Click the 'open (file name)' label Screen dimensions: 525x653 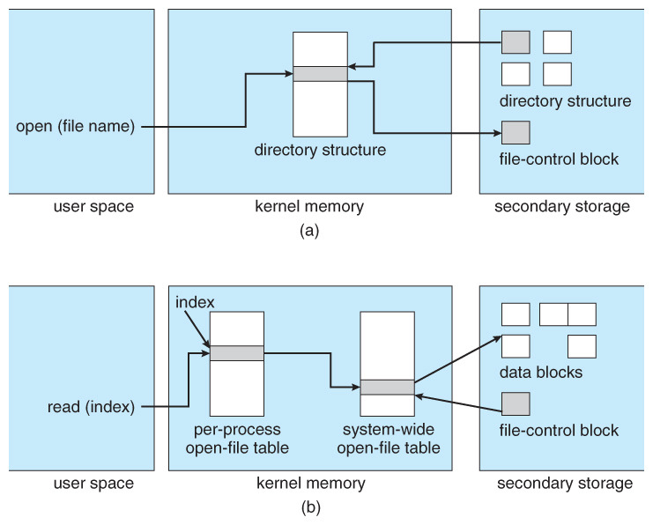coord(75,127)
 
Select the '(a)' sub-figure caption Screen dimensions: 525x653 coord(309,231)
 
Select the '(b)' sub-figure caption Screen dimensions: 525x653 coord(309,507)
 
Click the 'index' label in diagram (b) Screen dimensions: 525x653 coord(195,303)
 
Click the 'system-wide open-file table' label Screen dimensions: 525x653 coord(387,440)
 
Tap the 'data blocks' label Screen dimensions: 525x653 coord(541,372)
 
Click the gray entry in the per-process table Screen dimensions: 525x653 coord(236,353)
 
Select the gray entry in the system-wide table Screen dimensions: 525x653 coord(387,387)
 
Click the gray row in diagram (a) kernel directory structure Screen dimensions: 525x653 coord(320,74)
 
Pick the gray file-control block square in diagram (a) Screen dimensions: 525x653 coord(516,133)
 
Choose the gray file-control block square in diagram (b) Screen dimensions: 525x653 coord(516,404)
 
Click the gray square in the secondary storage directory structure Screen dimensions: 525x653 coord(516,42)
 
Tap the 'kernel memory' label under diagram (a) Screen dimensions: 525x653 coord(309,207)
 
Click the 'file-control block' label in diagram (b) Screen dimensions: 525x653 coord(559,431)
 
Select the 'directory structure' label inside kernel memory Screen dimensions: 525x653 coord(320,150)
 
